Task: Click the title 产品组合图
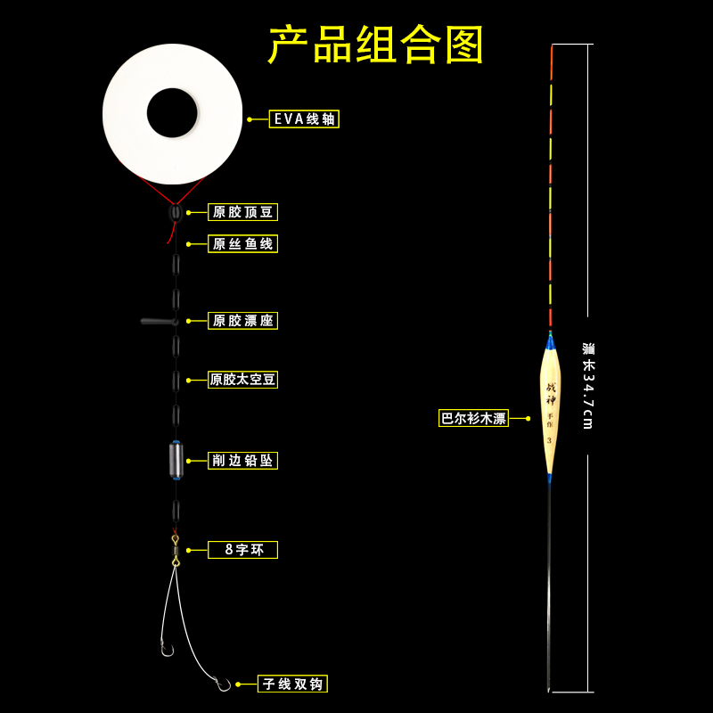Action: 376,45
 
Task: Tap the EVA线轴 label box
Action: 304,119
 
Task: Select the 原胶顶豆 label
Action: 242,212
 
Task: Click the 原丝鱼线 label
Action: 242,243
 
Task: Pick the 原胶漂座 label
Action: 242,320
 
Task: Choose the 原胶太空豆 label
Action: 242,380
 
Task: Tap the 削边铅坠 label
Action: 242,460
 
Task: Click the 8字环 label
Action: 242,550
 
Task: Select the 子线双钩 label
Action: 292,684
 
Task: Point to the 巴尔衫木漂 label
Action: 473,418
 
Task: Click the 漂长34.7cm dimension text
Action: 587,385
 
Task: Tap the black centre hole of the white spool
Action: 172,112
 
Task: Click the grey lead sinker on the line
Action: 176,460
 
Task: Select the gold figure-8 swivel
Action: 176,551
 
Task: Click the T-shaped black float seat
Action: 159,321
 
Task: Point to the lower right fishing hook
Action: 222,684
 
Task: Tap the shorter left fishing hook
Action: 165,649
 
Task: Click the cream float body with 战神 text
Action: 550,410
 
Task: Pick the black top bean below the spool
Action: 176,213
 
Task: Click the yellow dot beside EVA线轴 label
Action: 250,119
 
